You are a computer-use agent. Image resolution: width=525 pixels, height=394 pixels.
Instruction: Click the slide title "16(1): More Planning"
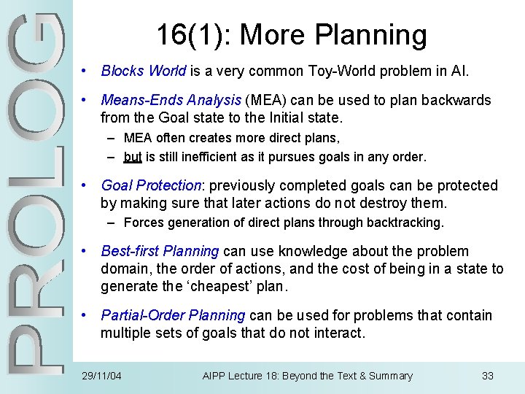[x=291, y=34]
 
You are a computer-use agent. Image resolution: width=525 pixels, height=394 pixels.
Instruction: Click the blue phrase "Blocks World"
[x=144, y=72]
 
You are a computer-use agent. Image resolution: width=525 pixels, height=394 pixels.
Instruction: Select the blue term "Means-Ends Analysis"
[x=171, y=101]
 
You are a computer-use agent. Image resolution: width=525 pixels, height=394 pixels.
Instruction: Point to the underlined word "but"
[x=133, y=157]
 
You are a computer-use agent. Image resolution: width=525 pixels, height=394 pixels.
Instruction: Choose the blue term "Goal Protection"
[x=151, y=186]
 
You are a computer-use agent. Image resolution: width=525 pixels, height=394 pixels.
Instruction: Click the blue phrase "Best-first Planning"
[x=160, y=252]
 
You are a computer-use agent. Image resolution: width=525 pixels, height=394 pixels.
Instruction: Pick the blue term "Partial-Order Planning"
[x=173, y=316]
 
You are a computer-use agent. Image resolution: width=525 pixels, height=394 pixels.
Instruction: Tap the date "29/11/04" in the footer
[x=102, y=376]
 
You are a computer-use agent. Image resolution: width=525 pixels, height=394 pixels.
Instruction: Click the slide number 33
[x=488, y=376]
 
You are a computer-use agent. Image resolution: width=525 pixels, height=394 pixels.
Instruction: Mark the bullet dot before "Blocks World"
[x=85, y=72]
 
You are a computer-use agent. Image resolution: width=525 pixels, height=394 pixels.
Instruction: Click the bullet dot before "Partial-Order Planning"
[x=85, y=316]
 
